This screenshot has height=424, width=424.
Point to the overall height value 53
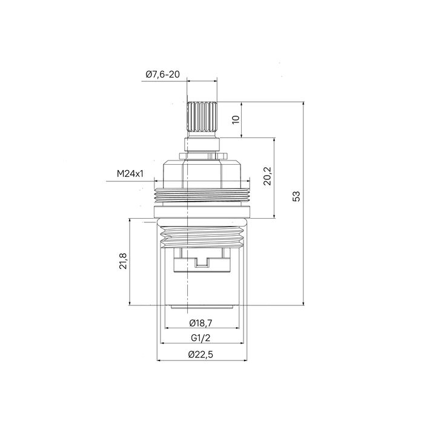pyautogui.click(x=296, y=196)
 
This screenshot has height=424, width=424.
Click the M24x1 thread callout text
pyautogui.click(x=130, y=174)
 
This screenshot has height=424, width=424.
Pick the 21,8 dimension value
pyautogui.click(x=122, y=262)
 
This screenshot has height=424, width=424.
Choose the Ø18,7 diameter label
pyautogui.click(x=201, y=322)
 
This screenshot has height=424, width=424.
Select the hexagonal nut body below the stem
pyautogui.click(x=201, y=170)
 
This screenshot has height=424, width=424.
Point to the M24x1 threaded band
pyautogui.click(x=201, y=196)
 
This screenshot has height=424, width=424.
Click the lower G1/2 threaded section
pyautogui.click(x=201, y=233)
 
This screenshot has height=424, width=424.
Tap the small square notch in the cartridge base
pyautogui.click(x=201, y=263)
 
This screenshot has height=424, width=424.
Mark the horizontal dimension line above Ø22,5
pyautogui.click(x=201, y=362)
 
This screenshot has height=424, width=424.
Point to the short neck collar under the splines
pyautogui.click(x=201, y=144)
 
